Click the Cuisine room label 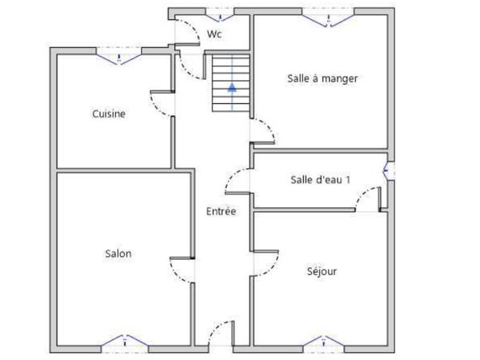[108, 114]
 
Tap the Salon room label [118, 254]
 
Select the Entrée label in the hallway [221, 211]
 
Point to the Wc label [214, 34]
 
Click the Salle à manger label [322, 78]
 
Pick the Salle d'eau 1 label [320, 180]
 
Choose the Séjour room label [322, 271]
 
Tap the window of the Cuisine [119, 54]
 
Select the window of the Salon [126, 342]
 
